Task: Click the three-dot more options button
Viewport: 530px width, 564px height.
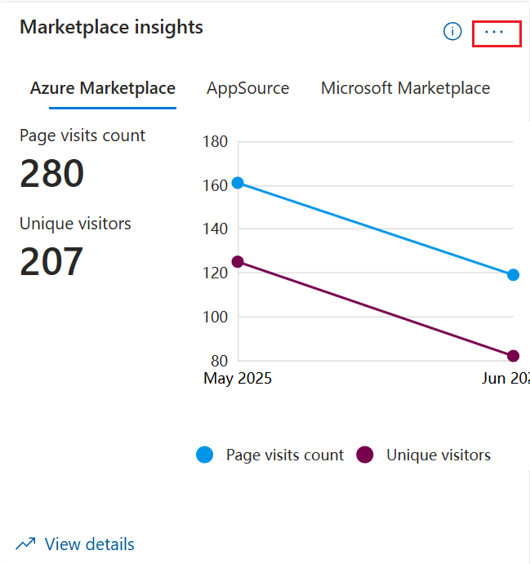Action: [x=495, y=32]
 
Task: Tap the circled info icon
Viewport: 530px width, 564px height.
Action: [x=452, y=32]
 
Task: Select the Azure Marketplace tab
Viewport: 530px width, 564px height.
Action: [x=103, y=88]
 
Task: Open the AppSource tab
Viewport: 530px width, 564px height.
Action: [x=247, y=88]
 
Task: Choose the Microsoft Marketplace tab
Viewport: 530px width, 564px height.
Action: [x=405, y=88]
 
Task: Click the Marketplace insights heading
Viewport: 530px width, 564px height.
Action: [x=111, y=27]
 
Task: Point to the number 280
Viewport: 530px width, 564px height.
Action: [x=51, y=174]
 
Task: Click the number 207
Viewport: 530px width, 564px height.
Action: [x=51, y=261]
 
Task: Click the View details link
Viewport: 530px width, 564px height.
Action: [x=89, y=544]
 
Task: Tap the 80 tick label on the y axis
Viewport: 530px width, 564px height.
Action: [x=218, y=361]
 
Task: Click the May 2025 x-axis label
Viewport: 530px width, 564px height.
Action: [x=238, y=379]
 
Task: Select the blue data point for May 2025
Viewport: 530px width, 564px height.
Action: [x=238, y=183]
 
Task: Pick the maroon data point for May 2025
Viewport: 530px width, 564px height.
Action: [x=238, y=262]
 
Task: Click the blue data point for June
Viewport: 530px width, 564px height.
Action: [x=513, y=275]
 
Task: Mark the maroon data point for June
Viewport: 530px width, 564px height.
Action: [x=513, y=356]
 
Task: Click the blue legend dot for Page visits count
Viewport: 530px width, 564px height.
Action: [x=205, y=455]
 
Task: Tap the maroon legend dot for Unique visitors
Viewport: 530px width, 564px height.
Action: [x=365, y=455]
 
